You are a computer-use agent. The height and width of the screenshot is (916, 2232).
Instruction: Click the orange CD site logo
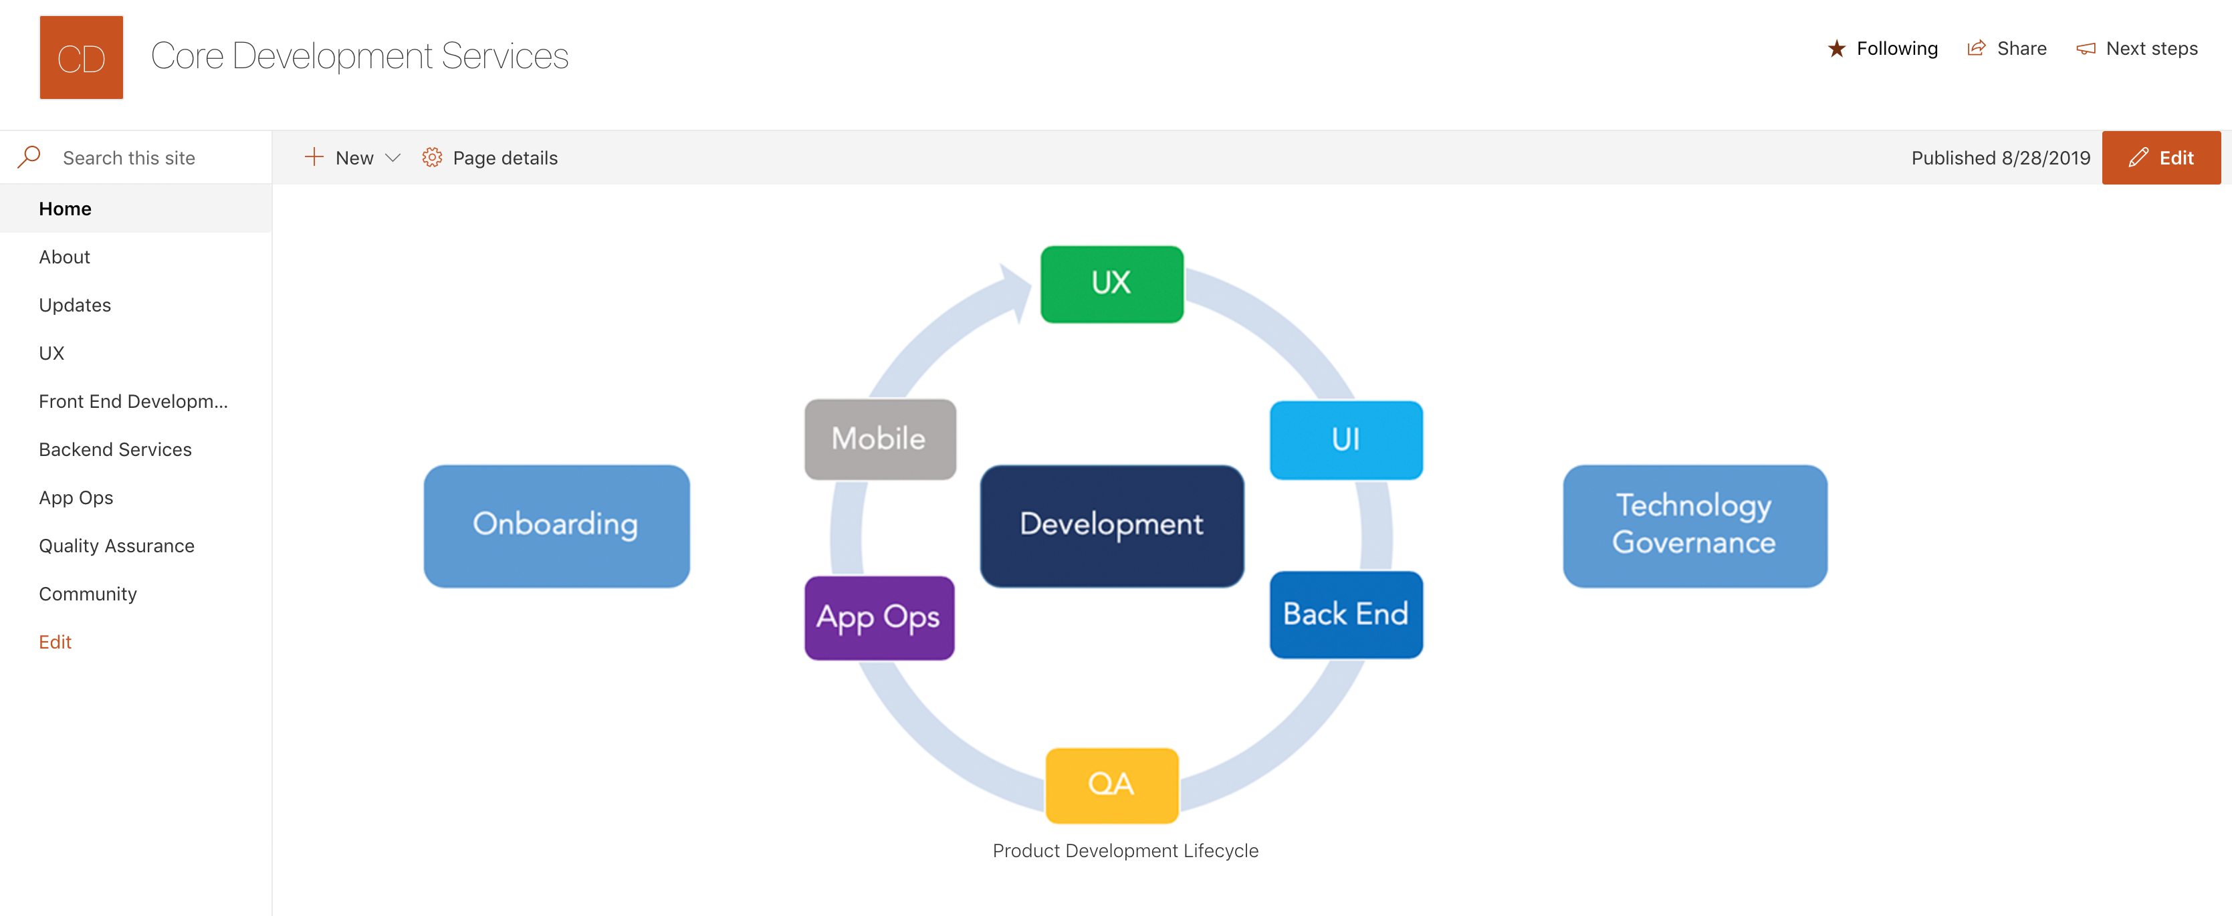(x=82, y=58)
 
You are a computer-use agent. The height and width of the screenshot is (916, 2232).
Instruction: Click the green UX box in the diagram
(x=1112, y=284)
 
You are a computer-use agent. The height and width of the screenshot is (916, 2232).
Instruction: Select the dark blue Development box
(x=1112, y=525)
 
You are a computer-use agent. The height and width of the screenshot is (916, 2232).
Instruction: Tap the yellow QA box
(x=1112, y=784)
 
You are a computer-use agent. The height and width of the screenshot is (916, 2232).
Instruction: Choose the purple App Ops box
(x=879, y=617)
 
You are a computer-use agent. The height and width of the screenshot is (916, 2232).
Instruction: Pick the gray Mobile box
(x=879, y=439)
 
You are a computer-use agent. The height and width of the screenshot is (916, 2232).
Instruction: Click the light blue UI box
(x=1345, y=439)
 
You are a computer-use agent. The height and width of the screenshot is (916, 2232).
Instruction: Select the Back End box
(x=1345, y=614)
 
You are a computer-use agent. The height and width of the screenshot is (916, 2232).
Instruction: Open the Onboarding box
(x=556, y=525)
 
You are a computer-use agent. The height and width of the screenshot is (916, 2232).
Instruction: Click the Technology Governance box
(x=1695, y=525)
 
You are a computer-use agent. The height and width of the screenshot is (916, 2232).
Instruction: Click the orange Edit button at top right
(x=2161, y=158)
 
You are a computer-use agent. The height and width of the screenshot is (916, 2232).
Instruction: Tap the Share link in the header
(x=2007, y=49)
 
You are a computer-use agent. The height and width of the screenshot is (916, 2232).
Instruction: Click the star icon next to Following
(x=1836, y=49)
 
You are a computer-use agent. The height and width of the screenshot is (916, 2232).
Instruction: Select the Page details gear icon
(x=431, y=158)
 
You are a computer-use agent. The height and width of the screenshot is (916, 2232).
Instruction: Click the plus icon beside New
(x=314, y=157)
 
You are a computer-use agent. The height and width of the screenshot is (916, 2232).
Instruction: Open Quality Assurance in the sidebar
(x=117, y=546)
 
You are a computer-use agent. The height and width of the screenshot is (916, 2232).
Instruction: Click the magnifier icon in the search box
(x=29, y=157)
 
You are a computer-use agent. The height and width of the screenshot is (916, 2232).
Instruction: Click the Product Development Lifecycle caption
(x=1125, y=851)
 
